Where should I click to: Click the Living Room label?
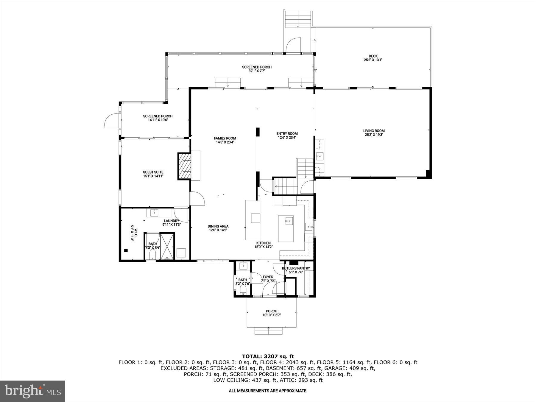pos(374,133)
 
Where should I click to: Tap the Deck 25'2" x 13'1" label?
pos(373,58)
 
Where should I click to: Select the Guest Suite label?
pos(153,174)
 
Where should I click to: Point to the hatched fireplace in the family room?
pos(184,166)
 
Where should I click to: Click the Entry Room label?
pos(287,135)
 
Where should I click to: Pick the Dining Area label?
pos(218,228)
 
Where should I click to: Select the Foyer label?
pos(268,279)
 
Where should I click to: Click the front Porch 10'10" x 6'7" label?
pos(272,313)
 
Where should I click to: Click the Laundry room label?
pos(171,222)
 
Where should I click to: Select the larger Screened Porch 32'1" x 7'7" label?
pos(257,69)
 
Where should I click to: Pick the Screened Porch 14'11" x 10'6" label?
pos(158,118)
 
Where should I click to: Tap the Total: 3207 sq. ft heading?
pos(268,356)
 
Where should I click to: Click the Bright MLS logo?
pos(32,391)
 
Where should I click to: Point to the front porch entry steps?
pos(268,331)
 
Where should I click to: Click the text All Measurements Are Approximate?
pos(268,391)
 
